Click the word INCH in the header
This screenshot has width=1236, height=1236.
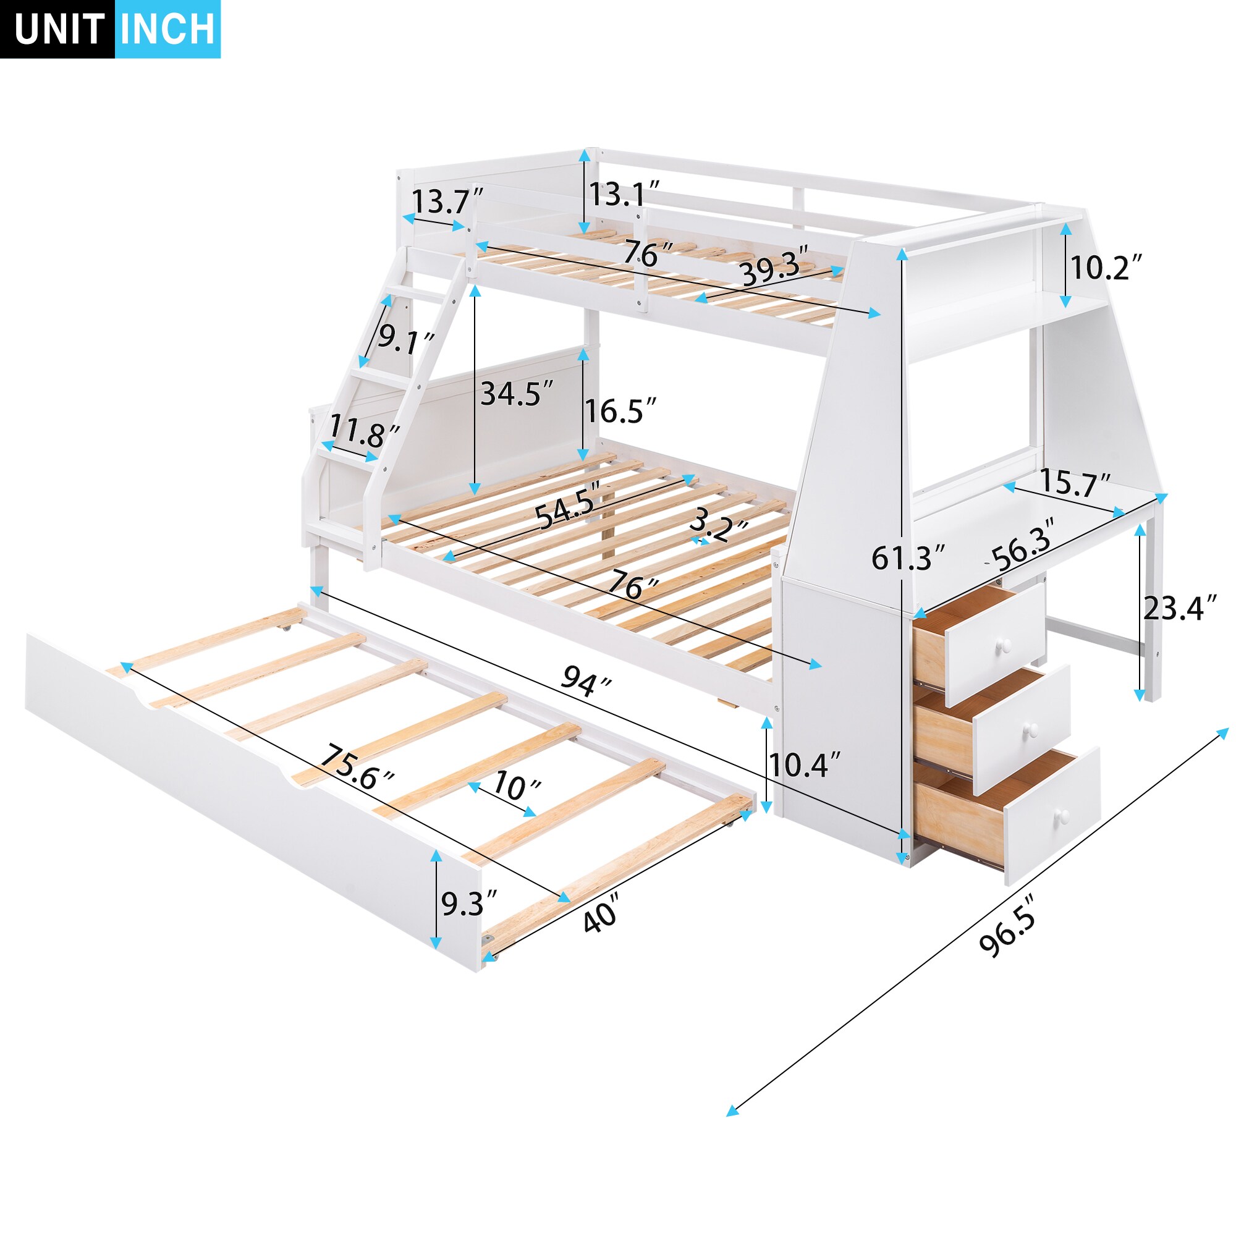[167, 29]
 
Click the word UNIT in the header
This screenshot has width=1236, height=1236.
[59, 29]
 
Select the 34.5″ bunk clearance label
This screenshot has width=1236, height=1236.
[517, 394]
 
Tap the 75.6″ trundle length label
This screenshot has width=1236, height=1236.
[357, 766]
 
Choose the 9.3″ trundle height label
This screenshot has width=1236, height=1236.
[469, 903]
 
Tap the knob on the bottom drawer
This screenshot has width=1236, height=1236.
[1062, 816]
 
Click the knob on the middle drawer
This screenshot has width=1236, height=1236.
[1031, 729]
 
